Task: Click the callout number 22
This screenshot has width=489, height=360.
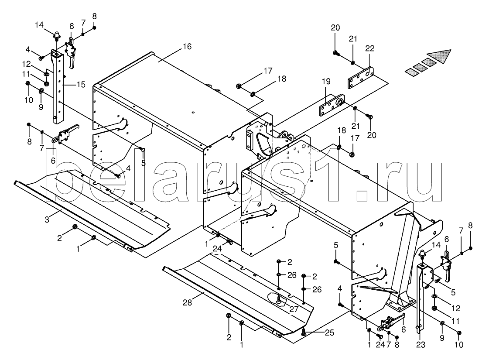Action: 369,48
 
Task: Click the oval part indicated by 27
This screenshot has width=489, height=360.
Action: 279,300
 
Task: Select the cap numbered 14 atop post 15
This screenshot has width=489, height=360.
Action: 56,35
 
